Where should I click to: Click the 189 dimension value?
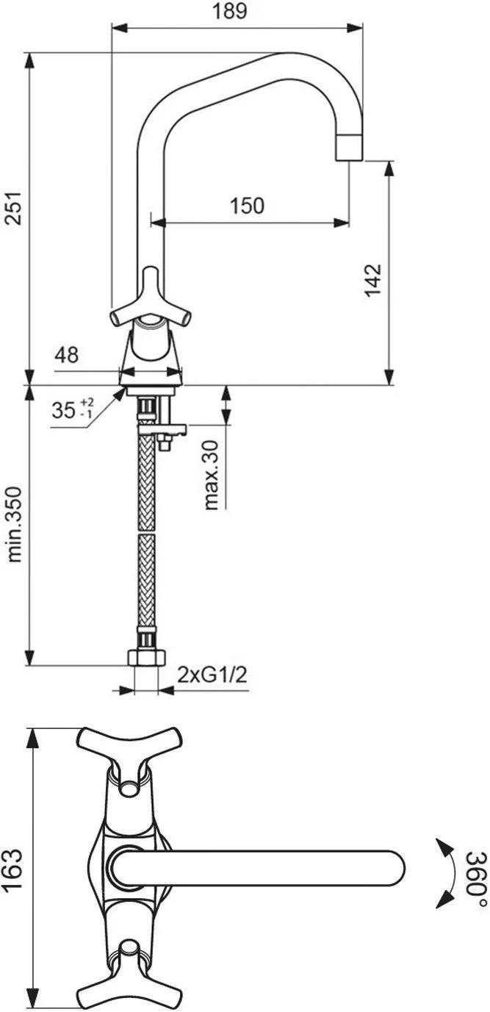coord(230,11)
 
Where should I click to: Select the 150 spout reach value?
coord(247,206)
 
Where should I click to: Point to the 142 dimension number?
coord(373,280)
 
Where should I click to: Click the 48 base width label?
coord(66,355)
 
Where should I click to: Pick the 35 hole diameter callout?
coord(73,409)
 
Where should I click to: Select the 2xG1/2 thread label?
coord(212,675)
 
